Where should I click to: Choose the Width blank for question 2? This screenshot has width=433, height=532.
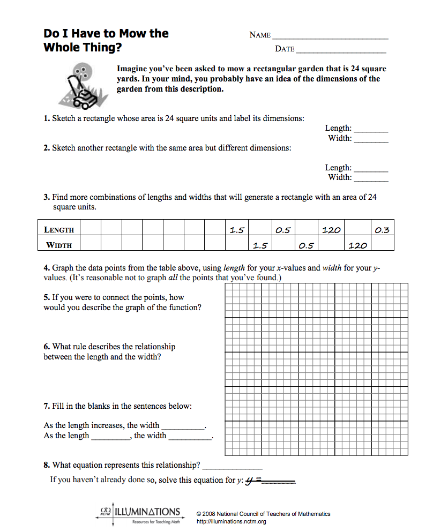[371, 178]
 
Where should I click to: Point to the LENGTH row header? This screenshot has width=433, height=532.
[59, 230]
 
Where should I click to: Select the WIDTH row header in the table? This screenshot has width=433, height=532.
[59, 245]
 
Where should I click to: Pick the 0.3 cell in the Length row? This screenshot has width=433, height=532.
[382, 230]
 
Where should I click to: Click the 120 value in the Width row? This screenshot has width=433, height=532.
[357, 245]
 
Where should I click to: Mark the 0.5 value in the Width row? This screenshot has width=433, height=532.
[306, 245]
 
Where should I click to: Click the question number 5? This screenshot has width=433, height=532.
[47, 297]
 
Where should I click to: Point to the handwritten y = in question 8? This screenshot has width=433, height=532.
[252, 479]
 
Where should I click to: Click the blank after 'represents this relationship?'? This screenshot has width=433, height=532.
[233, 466]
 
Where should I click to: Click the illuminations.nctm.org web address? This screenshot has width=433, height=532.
[232, 522]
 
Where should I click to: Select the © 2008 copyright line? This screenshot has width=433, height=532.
[263, 514]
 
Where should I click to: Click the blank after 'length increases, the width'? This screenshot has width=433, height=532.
[183, 426]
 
